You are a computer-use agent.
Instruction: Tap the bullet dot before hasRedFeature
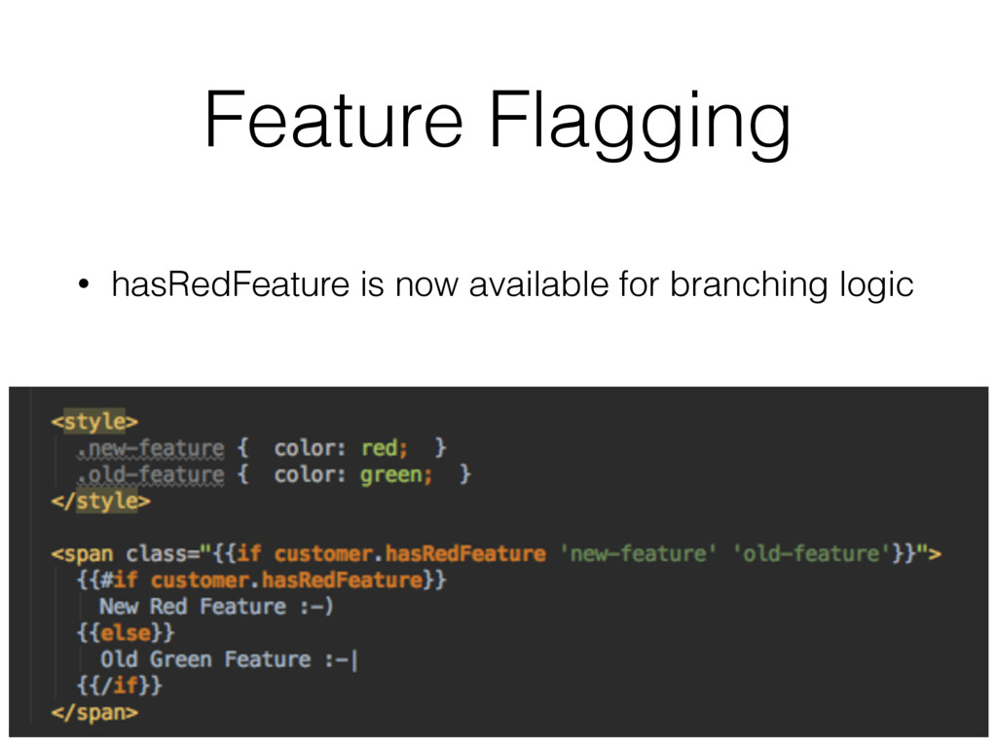tap(86, 286)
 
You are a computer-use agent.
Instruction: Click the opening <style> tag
tap(94, 422)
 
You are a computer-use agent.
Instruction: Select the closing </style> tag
tap(100, 502)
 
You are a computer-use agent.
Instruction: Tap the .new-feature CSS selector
tap(152, 449)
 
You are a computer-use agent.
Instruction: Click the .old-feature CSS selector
tap(152, 475)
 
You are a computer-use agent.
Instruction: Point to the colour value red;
tap(386, 449)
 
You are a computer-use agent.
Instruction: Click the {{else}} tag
tap(126, 633)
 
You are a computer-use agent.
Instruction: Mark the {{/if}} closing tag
tap(119, 686)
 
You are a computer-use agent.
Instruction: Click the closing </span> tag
tap(94, 712)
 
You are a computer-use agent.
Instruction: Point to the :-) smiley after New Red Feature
tap(316, 607)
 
